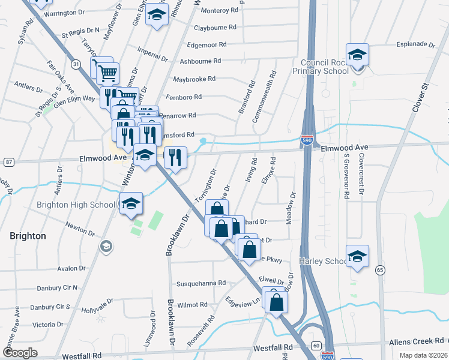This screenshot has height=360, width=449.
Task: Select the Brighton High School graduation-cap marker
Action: point(131,204)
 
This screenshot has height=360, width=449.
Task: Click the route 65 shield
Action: point(379,271)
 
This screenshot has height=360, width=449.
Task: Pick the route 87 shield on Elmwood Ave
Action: point(8,162)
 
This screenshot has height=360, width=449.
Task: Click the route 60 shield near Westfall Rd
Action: point(316,346)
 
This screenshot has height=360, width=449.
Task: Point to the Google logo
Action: point(20,353)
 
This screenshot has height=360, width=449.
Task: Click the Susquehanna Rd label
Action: point(200,283)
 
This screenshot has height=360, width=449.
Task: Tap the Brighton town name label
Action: point(28,236)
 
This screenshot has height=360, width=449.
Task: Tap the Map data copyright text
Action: point(423,355)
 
